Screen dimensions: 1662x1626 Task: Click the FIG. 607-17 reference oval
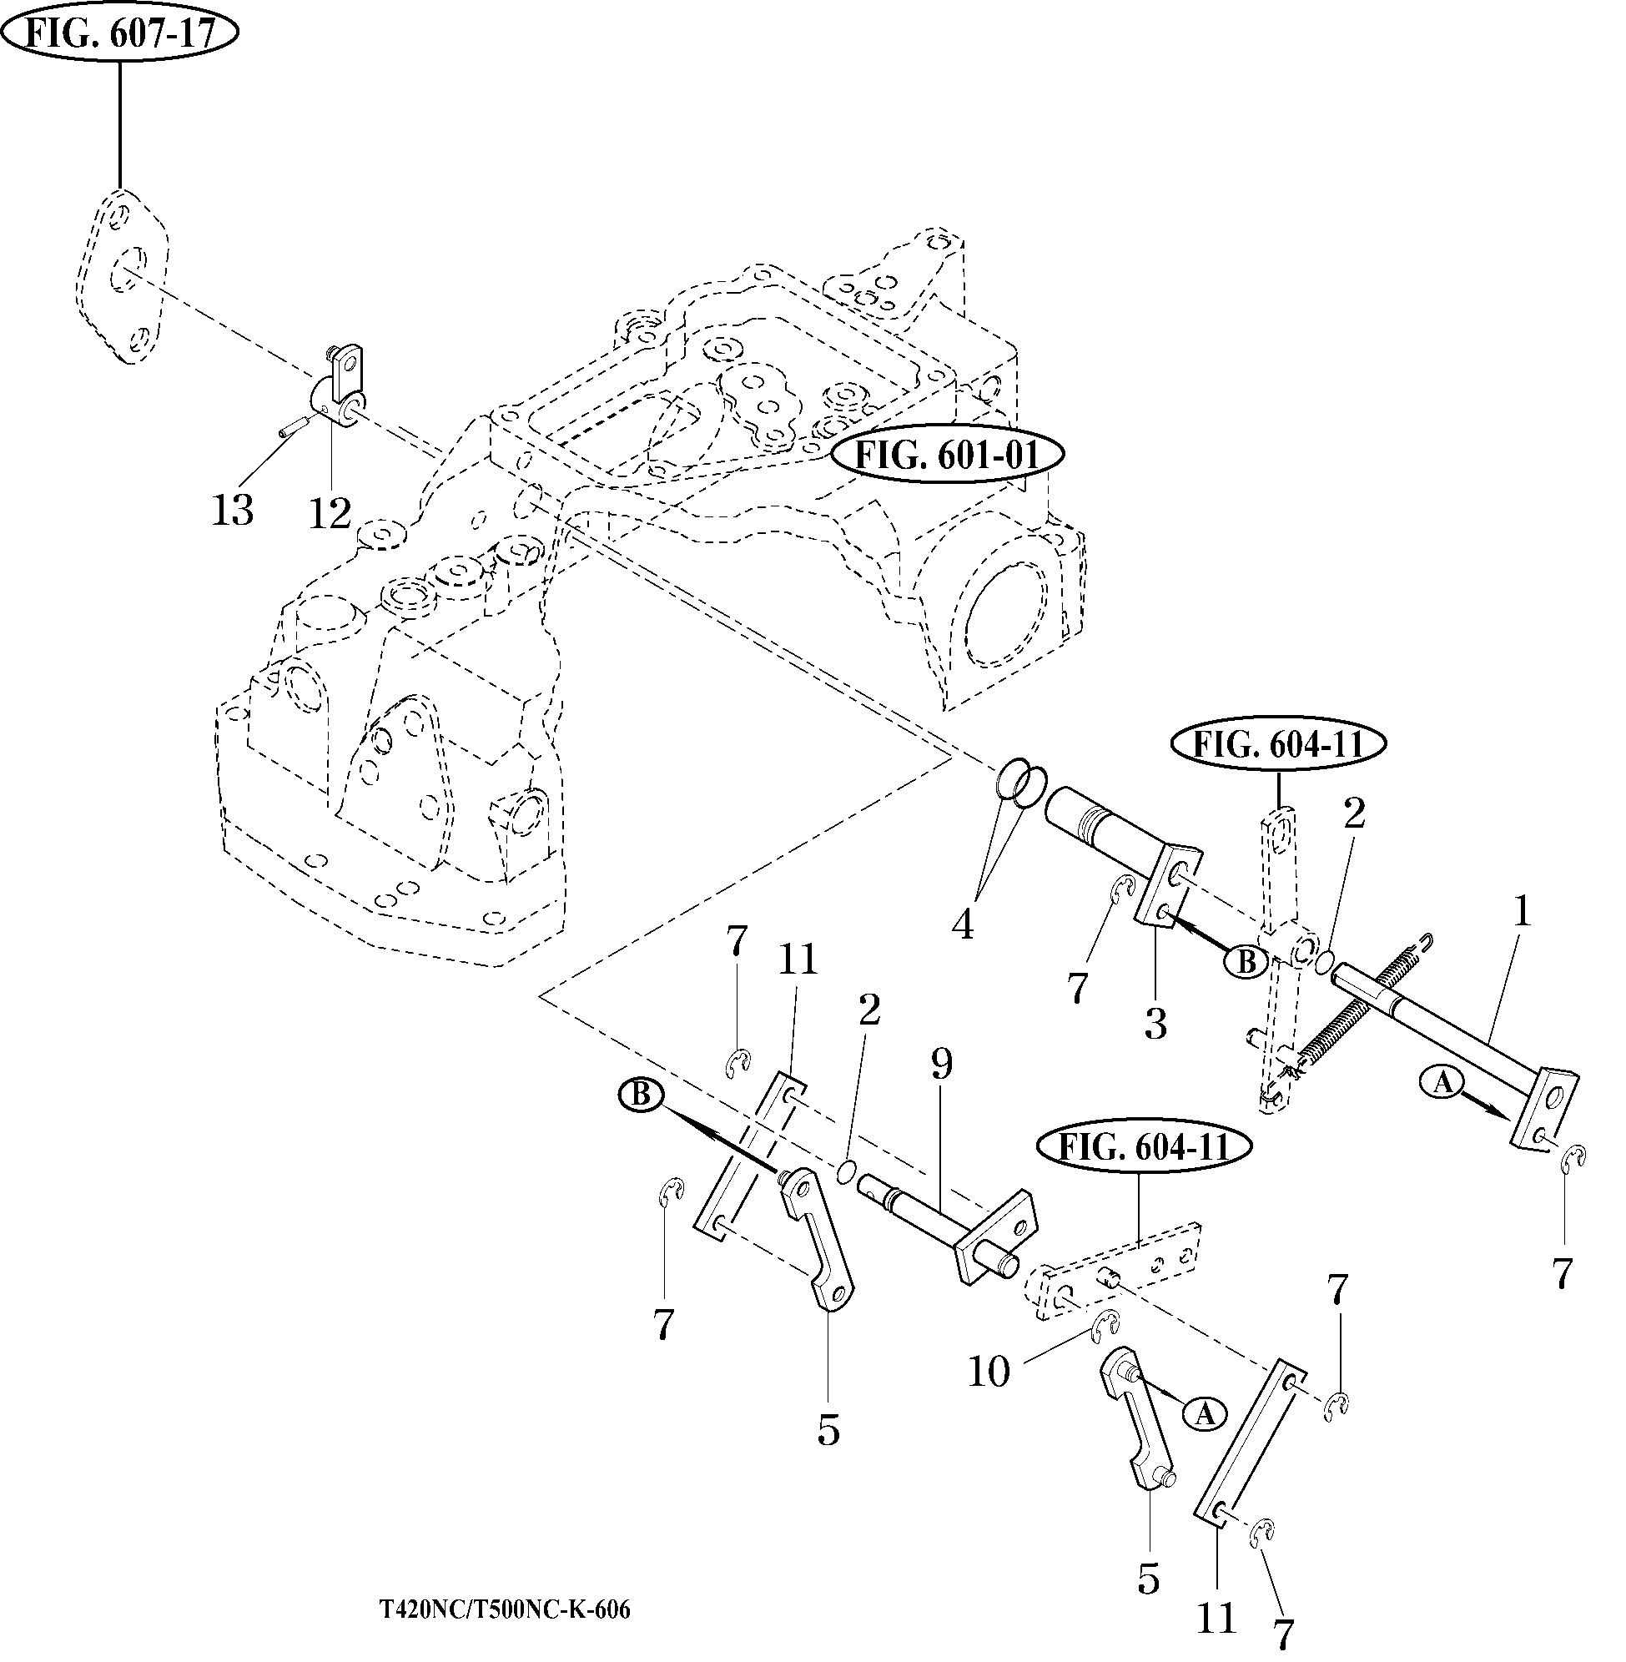click(x=119, y=33)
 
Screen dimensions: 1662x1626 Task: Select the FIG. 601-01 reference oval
click(x=948, y=456)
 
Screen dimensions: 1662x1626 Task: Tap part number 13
click(x=232, y=511)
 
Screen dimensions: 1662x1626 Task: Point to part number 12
click(x=330, y=513)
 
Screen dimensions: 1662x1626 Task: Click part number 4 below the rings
click(x=963, y=925)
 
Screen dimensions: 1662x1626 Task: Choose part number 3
click(x=1155, y=1023)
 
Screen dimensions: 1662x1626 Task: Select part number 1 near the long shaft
click(x=1521, y=914)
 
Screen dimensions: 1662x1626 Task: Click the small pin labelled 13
click(x=292, y=427)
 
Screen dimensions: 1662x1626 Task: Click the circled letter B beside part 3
click(x=1246, y=963)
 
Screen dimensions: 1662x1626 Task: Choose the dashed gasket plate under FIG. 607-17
click(x=121, y=278)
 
